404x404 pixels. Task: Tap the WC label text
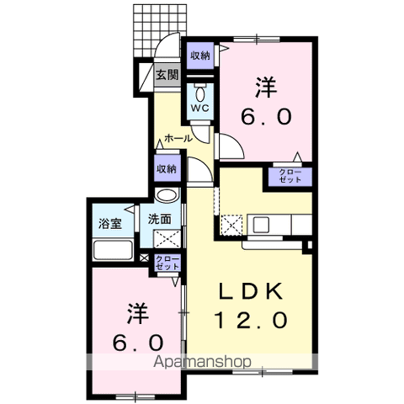(200, 108)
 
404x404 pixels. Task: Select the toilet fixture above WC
(200, 89)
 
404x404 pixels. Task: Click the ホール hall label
(178, 137)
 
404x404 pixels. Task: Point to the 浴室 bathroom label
(110, 223)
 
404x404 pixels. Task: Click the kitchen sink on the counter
(260, 225)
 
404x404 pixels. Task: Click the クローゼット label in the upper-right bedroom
(290, 177)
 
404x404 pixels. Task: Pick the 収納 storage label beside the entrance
(199, 56)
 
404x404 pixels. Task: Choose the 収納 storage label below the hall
(167, 168)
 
